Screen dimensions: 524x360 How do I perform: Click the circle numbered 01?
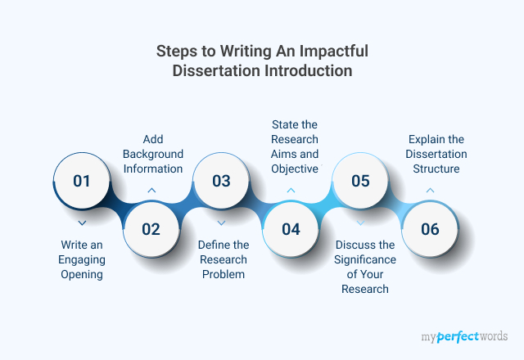82,181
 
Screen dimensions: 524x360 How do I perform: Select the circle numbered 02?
151,229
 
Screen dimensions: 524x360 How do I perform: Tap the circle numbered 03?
221,181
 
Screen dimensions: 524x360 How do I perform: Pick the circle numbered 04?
291,229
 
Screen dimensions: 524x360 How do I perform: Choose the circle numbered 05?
360,181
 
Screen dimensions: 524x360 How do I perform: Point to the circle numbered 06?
430,229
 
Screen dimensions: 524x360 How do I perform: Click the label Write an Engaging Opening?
82,259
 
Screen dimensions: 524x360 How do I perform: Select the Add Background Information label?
153,154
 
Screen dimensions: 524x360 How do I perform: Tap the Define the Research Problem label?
224,259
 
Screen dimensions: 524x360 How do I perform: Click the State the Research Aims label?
295,146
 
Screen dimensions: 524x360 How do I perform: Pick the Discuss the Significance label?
365,267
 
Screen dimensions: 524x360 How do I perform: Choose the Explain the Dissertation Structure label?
436,154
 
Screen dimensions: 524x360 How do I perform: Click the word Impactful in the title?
334,51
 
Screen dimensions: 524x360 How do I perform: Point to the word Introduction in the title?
309,70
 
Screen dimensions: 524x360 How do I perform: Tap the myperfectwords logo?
464,336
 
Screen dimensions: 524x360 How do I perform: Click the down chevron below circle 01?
82,223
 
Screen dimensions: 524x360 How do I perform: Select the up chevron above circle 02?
151,191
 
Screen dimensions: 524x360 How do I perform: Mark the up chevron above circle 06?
430,191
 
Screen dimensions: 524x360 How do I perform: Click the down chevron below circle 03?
221,223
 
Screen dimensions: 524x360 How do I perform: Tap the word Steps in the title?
177,52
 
